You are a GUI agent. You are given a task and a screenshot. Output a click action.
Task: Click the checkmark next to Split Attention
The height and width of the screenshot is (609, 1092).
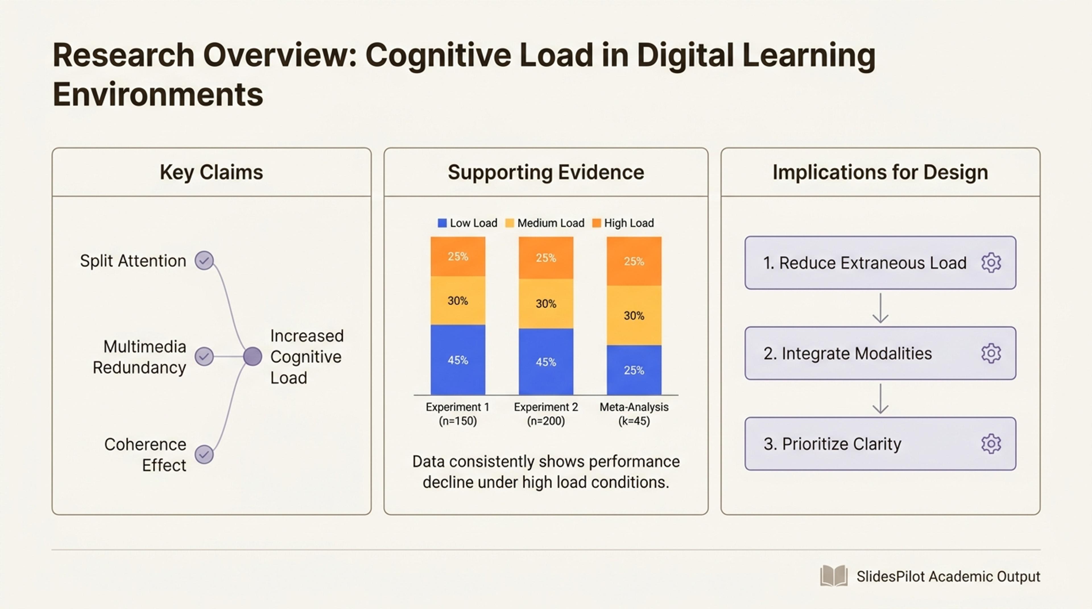point(204,261)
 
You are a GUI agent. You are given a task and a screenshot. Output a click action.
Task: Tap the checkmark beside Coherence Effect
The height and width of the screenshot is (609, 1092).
point(204,454)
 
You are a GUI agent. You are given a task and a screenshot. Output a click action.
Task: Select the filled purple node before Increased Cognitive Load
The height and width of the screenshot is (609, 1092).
point(253,357)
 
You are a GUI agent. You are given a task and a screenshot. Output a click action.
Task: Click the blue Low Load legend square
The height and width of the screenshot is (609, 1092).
point(442,223)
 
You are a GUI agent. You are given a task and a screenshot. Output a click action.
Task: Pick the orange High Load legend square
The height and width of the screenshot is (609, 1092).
point(596,223)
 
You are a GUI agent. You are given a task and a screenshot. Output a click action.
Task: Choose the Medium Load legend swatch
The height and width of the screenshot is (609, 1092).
point(510,223)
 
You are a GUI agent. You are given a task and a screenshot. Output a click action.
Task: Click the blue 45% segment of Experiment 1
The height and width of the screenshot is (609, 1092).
point(458,360)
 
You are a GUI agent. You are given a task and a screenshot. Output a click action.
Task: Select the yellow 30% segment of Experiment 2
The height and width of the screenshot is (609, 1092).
point(546,304)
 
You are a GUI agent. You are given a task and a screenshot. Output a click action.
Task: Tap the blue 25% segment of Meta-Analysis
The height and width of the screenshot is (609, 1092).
point(634,370)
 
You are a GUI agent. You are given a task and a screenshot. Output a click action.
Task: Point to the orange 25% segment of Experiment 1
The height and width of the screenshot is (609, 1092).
point(458,257)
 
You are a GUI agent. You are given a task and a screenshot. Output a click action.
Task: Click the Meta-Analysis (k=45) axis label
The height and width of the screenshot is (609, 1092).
point(634,414)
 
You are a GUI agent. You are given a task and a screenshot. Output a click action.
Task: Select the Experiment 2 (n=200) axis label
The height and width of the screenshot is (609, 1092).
point(546,414)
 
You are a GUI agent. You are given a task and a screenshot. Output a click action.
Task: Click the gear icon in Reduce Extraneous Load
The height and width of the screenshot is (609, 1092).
point(991,263)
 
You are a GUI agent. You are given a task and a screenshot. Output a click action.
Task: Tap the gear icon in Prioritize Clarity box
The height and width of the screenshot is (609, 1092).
point(991,444)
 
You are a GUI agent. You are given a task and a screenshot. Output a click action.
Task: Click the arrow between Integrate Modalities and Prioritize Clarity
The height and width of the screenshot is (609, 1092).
point(880,398)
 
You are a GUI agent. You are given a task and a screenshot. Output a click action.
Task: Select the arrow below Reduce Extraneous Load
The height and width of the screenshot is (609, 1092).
point(880,308)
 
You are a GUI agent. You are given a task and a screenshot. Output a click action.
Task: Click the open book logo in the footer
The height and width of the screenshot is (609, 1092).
point(834,576)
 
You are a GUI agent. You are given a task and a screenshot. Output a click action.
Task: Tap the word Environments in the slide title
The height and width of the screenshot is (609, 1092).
point(158,94)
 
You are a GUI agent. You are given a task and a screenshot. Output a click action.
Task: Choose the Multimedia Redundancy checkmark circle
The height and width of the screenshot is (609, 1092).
point(204,357)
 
